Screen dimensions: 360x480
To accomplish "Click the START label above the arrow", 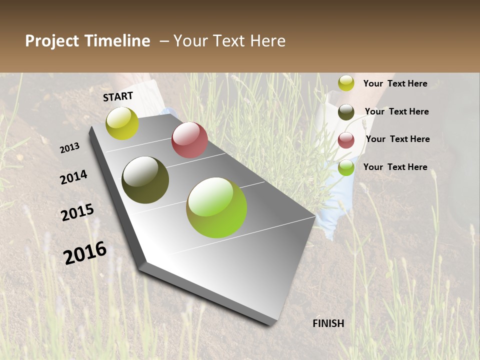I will [118, 96].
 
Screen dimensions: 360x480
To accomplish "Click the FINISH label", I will [328, 323].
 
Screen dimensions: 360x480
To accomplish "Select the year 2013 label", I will [70, 147].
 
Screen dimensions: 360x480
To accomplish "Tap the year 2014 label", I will [74, 177].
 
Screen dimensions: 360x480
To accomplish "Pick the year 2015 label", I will [77, 212].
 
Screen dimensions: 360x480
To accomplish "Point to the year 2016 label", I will [85, 253].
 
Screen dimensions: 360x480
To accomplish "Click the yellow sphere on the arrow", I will [122, 123].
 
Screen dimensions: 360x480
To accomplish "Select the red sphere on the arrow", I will [189, 140].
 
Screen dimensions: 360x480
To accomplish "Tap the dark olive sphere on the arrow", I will [145, 180].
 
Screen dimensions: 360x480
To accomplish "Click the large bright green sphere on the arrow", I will [216, 207].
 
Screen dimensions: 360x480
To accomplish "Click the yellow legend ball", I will [346, 83].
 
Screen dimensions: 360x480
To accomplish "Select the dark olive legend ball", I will [346, 111].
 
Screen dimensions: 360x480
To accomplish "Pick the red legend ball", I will [346, 139].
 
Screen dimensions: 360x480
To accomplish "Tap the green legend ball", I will [346, 167].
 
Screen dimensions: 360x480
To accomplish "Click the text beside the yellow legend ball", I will [395, 83].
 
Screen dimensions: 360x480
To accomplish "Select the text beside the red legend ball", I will [397, 139].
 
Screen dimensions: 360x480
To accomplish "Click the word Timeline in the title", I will [117, 41].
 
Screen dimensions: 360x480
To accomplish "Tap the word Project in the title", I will [52, 41].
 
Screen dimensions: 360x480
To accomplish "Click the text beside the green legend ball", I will [395, 167].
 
